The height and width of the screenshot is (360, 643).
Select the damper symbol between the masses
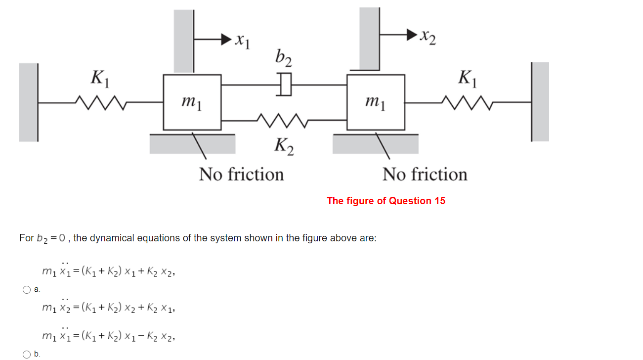tap(285, 85)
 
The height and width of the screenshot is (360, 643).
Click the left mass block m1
tap(192, 101)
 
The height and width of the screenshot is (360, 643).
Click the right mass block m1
tap(376, 101)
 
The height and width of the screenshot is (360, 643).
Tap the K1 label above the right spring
tap(468, 78)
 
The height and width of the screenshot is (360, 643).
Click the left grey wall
tap(29, 102)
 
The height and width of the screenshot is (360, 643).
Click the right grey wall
tap(540, 101)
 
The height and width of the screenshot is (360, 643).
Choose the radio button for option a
tap(27, 290)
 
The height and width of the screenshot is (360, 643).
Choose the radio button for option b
tap(27, 354)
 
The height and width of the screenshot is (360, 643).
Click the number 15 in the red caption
tap(440, 201)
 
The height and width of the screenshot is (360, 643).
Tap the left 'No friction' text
tap(241, 175)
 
